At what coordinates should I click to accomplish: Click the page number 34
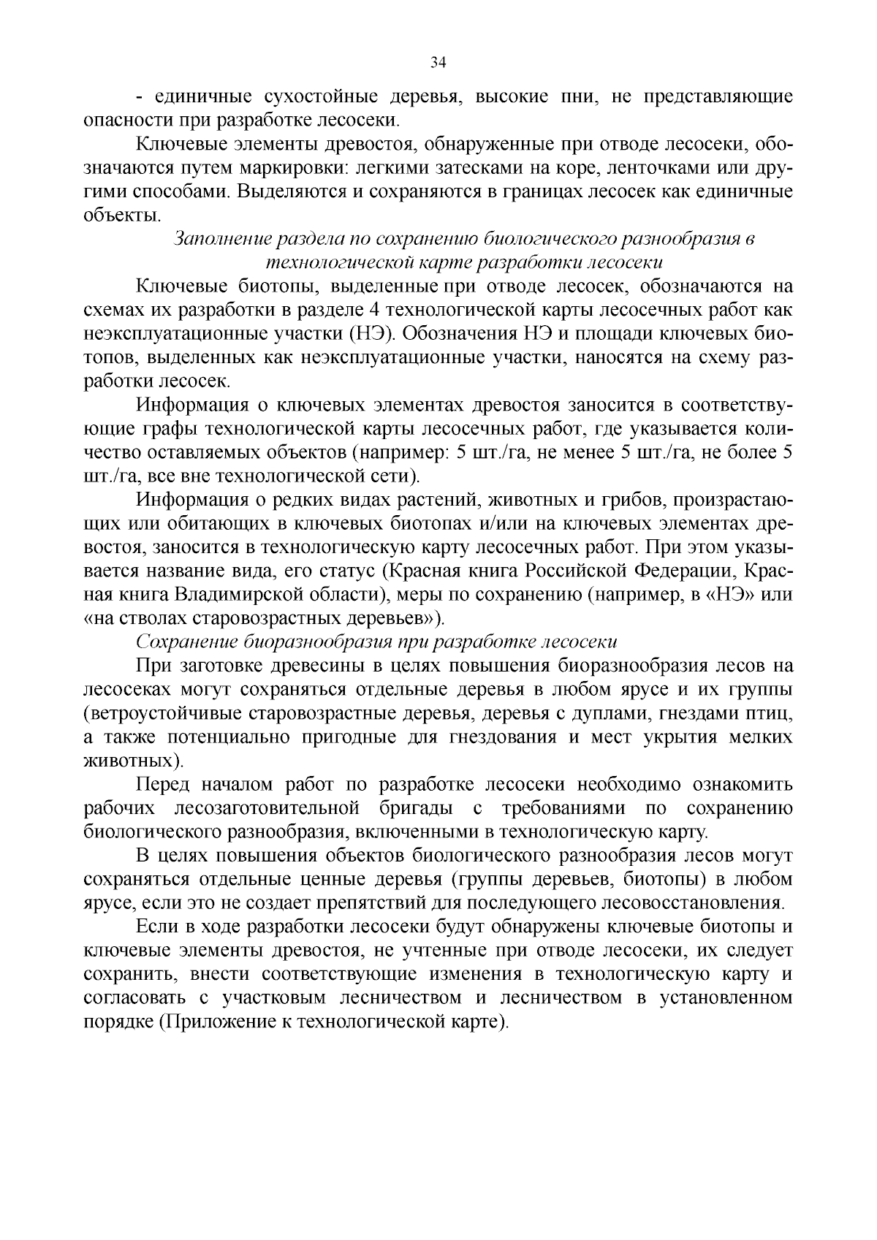click(x=438, y=64)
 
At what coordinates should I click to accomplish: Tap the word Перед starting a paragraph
click(x=163, y=785)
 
